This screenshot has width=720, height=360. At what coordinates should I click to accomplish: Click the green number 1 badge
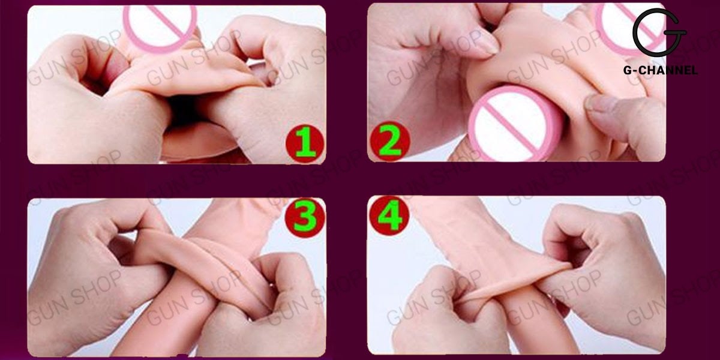pos(304,143)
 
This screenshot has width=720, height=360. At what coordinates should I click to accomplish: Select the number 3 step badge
pos(304,217)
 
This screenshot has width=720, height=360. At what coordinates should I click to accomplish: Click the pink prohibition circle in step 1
pos(160,25)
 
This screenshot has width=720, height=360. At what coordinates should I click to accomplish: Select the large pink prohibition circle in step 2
pos(508,122)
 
